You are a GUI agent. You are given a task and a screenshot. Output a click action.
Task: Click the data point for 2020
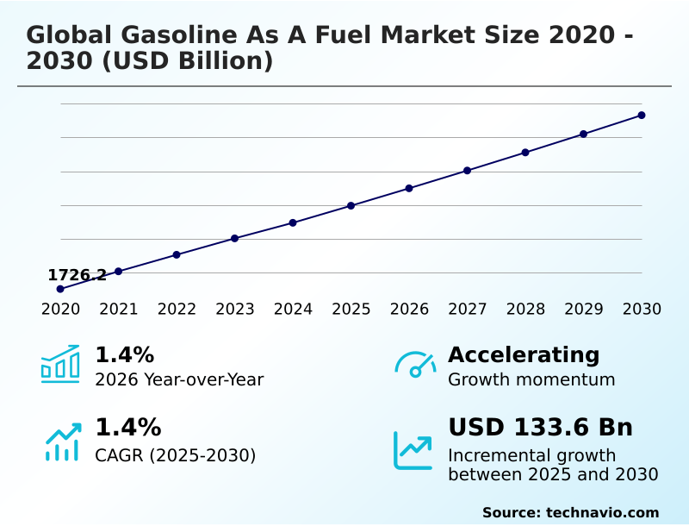[60, 289]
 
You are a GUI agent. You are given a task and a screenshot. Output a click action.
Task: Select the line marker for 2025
[351, 205]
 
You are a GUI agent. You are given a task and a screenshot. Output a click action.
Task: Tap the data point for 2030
[642, 115]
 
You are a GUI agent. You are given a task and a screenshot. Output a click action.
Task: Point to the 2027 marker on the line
[467, 171]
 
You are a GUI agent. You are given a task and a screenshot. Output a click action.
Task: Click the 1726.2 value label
[78, 275]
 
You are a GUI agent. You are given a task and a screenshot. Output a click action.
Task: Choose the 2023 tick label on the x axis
[234, 310]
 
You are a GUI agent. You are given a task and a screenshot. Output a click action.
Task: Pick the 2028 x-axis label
[525, 310]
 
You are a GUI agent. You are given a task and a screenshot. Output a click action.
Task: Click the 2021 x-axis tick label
[118, 310]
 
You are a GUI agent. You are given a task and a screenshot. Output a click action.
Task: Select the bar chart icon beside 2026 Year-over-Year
[60, 365]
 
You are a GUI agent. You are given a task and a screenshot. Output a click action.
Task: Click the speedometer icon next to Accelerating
[415, 365]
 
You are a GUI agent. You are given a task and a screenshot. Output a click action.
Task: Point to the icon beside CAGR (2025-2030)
[62, 441]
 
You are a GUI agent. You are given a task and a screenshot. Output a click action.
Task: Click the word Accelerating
[524, 354]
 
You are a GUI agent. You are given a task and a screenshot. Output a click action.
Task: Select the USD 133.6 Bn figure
[540, 428]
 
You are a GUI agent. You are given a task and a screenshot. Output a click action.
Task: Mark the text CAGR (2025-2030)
[175, 455]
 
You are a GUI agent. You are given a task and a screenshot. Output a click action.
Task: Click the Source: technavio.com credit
[570, 512]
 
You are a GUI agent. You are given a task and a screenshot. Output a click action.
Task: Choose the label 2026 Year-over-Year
[179, 379]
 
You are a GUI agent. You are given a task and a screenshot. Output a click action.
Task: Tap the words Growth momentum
[531, 379]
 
